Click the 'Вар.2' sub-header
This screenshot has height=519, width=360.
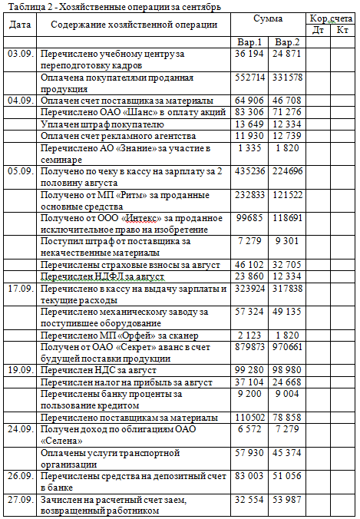click(x=287, y=41)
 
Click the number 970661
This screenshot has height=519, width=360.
click(x=287, y=347)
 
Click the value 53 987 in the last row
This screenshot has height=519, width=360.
click(x=287, y=501)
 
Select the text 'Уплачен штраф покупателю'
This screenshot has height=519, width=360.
click(x=102, y=124)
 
